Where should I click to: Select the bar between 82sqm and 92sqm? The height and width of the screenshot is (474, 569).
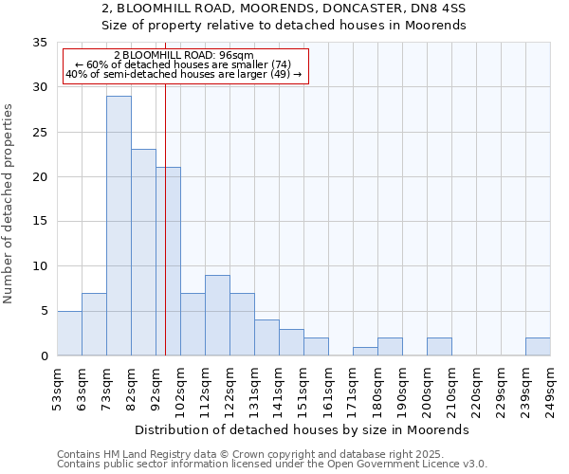pos(143,252)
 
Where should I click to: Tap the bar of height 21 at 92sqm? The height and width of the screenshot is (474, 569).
pos(168,262)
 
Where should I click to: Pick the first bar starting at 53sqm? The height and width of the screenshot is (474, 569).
pos(69,334)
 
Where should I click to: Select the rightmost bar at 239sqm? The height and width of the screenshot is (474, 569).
pos(538,347)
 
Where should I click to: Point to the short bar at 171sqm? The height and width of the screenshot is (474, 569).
pos(365,352)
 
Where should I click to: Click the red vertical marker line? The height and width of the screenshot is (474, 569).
pos(165,190)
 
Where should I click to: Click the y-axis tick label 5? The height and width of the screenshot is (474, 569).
pos(44,311)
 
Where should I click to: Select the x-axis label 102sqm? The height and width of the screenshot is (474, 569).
pos(180,390)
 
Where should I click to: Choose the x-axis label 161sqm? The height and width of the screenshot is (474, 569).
pos(328,390)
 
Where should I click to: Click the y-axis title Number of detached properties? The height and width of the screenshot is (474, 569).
pos(9,204)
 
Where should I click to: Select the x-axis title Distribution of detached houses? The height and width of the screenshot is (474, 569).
pos(303,429)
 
